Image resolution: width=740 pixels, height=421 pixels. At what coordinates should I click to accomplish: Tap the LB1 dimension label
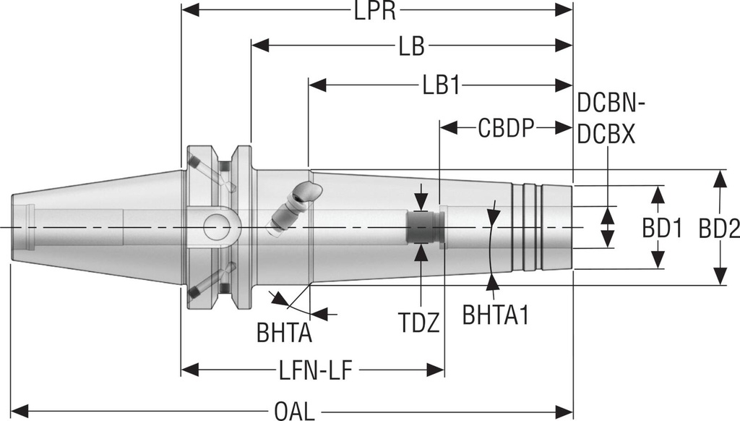click(x=441, y=85)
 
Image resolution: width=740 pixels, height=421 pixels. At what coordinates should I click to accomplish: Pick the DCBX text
click(x=607, y=135)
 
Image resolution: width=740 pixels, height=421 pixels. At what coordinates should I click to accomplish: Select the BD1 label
click(x=662, y=229)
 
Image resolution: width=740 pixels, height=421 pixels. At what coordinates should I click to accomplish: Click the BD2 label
click(x=718, y=229)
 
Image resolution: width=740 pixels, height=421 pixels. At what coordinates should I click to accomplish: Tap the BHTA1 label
click(x=496, y=316)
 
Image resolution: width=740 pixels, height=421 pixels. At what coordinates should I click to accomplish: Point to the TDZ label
click(x=421, y=321)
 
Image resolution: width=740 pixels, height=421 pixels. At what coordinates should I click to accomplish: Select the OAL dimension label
click(x=294, y=412)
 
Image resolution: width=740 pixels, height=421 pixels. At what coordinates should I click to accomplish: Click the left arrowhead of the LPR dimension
click(x=190, y=10)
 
